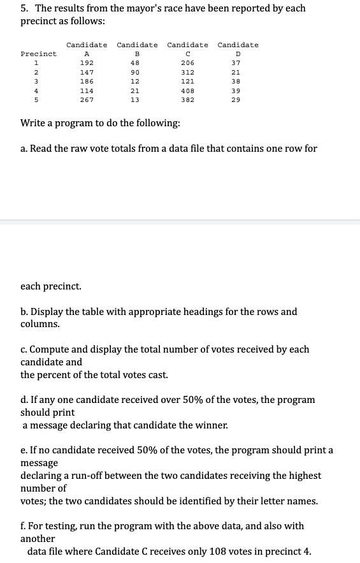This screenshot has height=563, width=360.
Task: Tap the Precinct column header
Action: click(x=38, y=54)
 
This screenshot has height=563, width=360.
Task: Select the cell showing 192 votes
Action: click(x=87, y=63)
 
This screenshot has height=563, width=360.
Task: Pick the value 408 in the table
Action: click(x=187, y=91)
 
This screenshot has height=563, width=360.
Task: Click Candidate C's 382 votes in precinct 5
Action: click(x=187, y=100)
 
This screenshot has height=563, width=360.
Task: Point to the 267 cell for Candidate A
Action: click(x=87, y=100)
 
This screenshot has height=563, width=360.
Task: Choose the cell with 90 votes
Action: click(x=134, y=73)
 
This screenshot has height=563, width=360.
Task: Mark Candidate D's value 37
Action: click(x=236, y=63)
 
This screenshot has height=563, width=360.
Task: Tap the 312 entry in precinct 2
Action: click(x=187, y=73)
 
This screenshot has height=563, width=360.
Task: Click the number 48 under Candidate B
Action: click(x=134, y=63)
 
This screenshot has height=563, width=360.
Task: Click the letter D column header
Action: click(x=238, y=54)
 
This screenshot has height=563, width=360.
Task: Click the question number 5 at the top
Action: click(x=24, y=8)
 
